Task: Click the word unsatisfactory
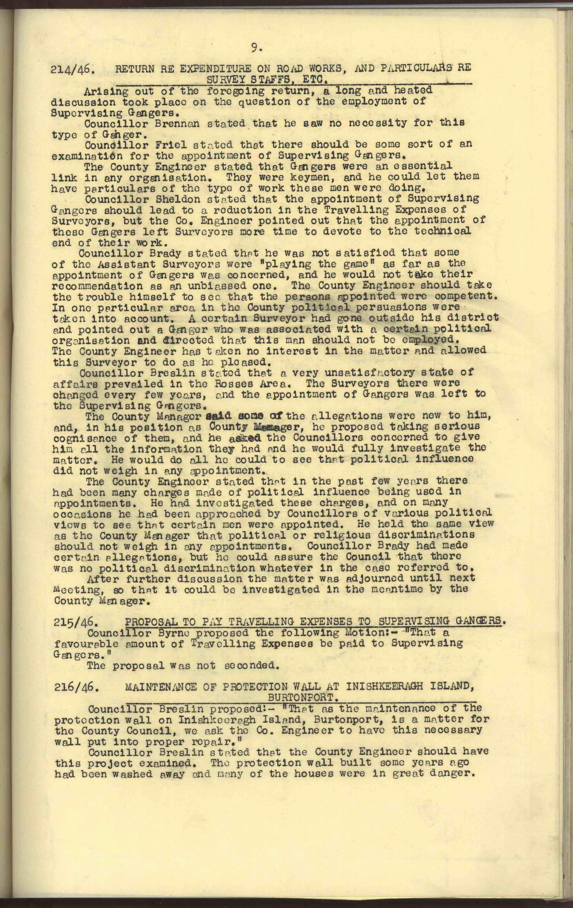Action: pyautogui.click(x=338, y=373)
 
